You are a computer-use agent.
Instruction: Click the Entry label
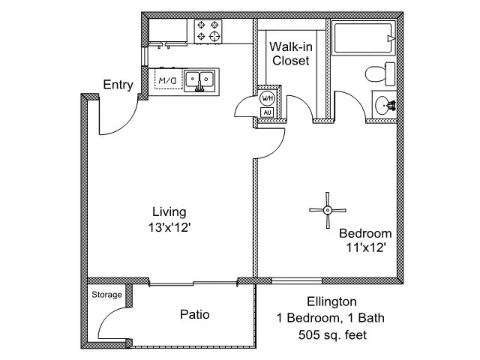click(x=118, y=85)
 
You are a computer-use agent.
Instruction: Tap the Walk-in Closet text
click(x=291, y=53)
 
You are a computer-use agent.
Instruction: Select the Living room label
click(x=169, y=211)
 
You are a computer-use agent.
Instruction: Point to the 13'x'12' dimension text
click(x=169, y=227)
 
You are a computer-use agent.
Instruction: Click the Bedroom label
click(x=365, y=233)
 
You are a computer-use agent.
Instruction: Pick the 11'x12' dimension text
click(x=365, y=247)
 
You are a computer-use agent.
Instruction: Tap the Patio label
click(x=195, y=314)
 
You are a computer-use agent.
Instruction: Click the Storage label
click(x=106, y=295)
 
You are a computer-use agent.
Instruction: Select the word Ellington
click(x=331, y=301)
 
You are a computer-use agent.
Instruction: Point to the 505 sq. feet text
click(x=332, y=334)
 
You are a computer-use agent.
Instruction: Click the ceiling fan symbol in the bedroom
click(x=328, y=210)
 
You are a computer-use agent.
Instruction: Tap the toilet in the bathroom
click(x=380, y=74)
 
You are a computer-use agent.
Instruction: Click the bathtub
click(x=364, y=38)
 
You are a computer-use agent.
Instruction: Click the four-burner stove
click(x=208, y=31)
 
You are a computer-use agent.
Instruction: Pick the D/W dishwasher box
click(x=168, y=79)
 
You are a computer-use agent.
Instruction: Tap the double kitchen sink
click(x=199, y=80)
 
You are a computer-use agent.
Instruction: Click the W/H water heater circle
click(x=267, y=98)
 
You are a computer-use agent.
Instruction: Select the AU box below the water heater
click(x=267, y=112)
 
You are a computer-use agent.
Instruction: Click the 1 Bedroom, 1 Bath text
click(x=331, y=318)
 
